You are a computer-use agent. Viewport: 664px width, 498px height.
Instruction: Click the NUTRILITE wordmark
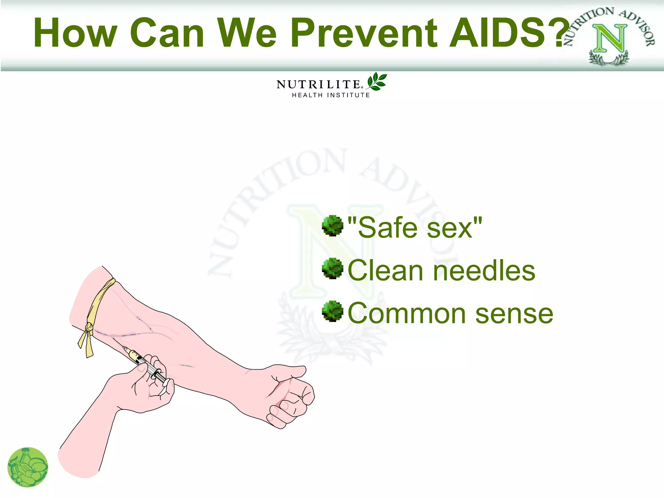[318, 85]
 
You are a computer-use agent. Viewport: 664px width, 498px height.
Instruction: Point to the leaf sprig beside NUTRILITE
[377, 81]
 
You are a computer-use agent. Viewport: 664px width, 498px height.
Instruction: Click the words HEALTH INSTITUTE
[331, 95]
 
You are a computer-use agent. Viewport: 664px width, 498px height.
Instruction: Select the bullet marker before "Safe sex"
[332, 225]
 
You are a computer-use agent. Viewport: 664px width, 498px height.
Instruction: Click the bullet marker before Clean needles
[332, 268]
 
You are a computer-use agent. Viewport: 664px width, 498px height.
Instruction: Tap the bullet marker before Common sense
[332, 311]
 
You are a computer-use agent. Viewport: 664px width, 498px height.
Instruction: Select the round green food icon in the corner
[28, 467]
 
